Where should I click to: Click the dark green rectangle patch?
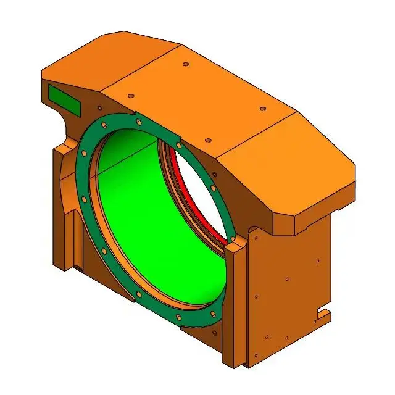click(64, 99)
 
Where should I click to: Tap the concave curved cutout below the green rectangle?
click(67, 127)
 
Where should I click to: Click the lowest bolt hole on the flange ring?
click(178, 317)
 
